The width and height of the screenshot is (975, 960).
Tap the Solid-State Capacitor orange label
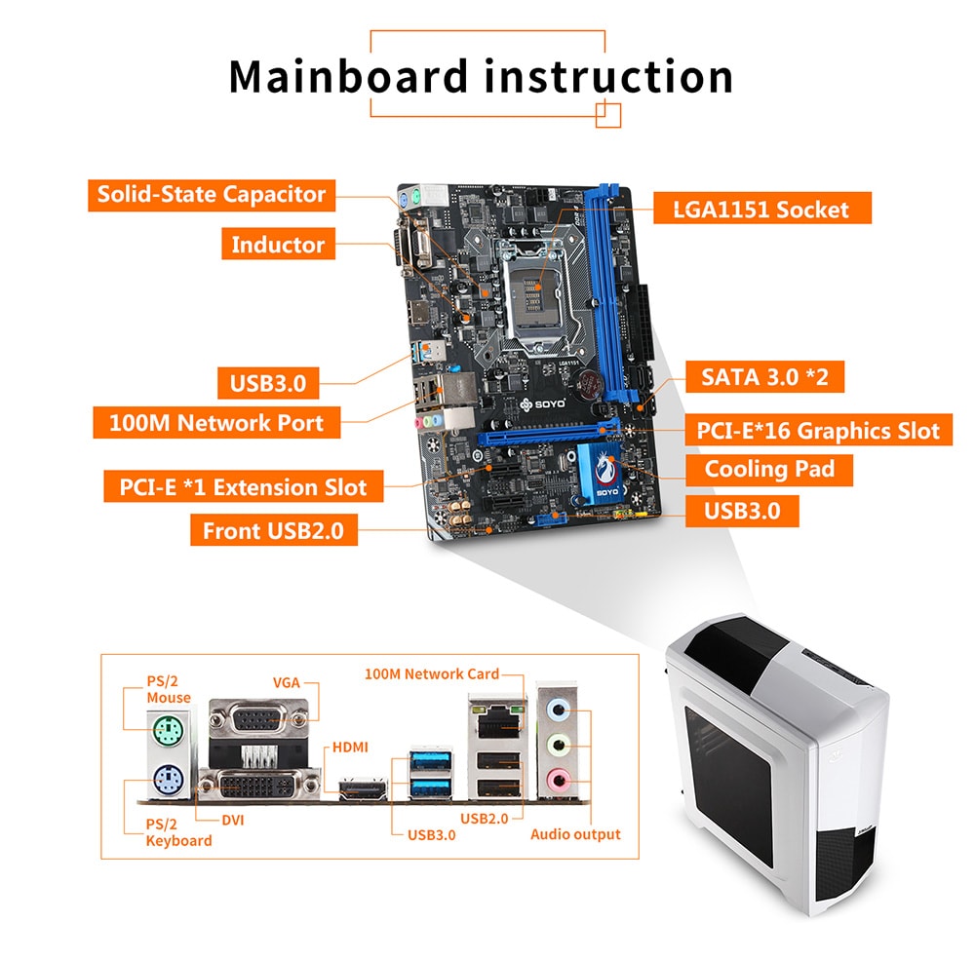point(212,194)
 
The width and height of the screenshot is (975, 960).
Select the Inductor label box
point(278,245)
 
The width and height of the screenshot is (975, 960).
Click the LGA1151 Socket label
point(760,209)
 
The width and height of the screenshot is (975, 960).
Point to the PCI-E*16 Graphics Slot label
point(818,430)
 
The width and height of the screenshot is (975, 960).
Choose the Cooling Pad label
point(769,470)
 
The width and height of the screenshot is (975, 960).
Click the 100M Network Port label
point(217,423)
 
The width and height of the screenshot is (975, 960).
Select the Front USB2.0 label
point(274,531)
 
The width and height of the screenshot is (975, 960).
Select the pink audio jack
point(557,779)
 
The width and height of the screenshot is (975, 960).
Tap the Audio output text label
point(575,834)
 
